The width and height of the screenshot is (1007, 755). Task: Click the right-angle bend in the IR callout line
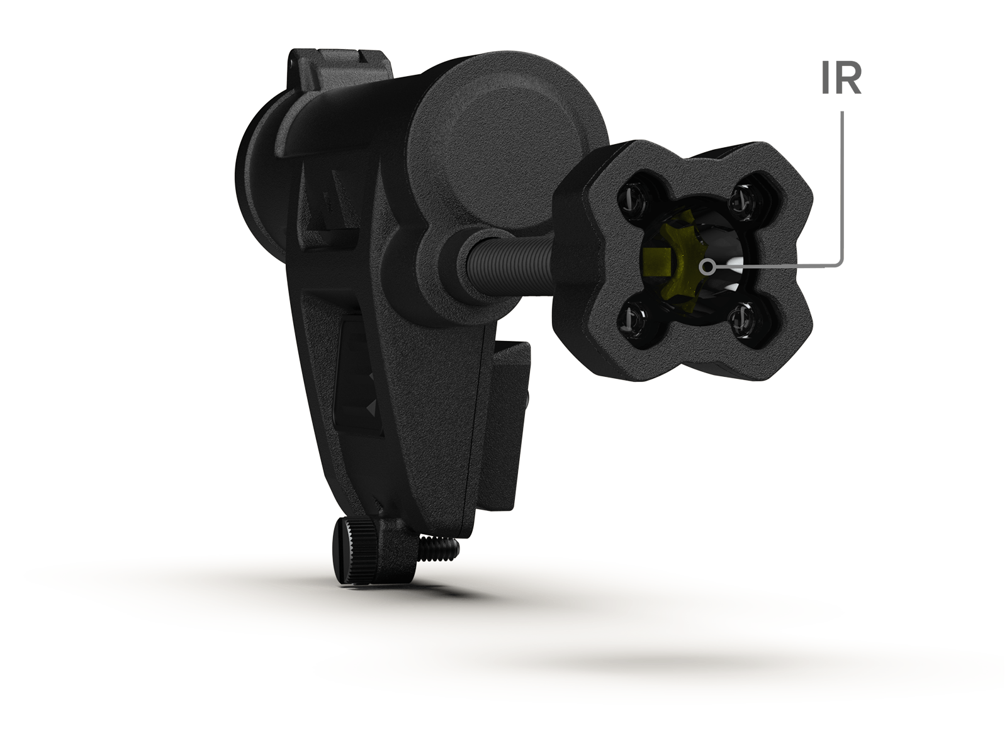[840, 265]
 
